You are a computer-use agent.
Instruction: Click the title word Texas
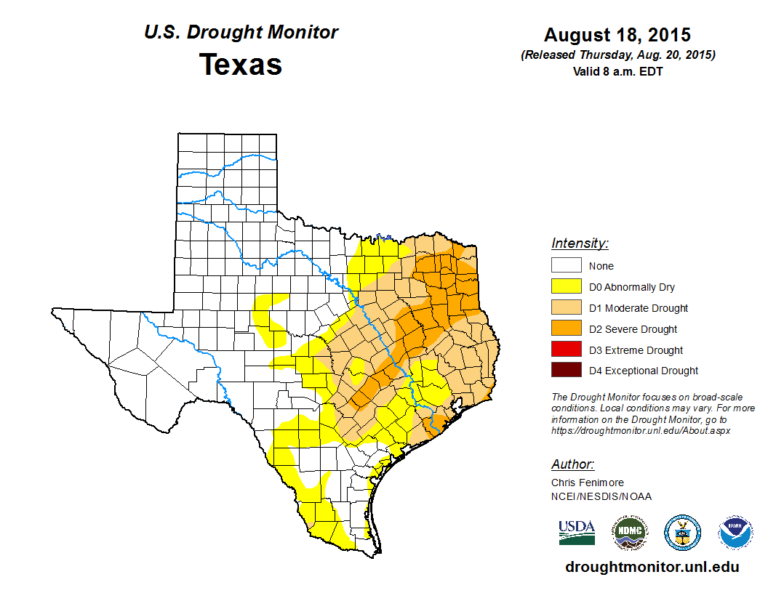click(241, 65)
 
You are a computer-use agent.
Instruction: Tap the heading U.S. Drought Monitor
click(241, 33)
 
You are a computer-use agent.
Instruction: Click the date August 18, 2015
click(617, 35)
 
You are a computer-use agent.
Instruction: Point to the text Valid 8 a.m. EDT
click(617, 71)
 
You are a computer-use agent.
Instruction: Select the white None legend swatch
click(566, 266)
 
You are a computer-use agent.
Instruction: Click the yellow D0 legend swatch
click(566, 287)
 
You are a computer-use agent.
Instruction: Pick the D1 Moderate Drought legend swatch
click(566, 308)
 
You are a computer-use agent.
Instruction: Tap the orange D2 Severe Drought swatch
click(566, 329)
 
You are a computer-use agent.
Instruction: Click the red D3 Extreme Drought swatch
click(566, 350)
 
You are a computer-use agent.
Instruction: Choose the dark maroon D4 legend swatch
click(566, 371)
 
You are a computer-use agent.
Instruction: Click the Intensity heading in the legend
click(580, 243)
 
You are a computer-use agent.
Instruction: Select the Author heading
click(572, 464)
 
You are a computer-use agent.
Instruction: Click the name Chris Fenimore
click(588, 483)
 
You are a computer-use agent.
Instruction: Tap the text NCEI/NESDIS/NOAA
click(601, 496)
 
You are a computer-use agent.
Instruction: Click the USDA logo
click(577, 533)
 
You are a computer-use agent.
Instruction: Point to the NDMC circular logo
click(629, 533)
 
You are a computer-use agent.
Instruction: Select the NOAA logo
click(735, 533)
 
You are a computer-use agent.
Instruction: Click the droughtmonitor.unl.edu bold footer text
click(652, 568)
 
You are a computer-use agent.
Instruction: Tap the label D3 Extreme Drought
click(636, 350)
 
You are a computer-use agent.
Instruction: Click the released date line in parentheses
click(617, 55)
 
